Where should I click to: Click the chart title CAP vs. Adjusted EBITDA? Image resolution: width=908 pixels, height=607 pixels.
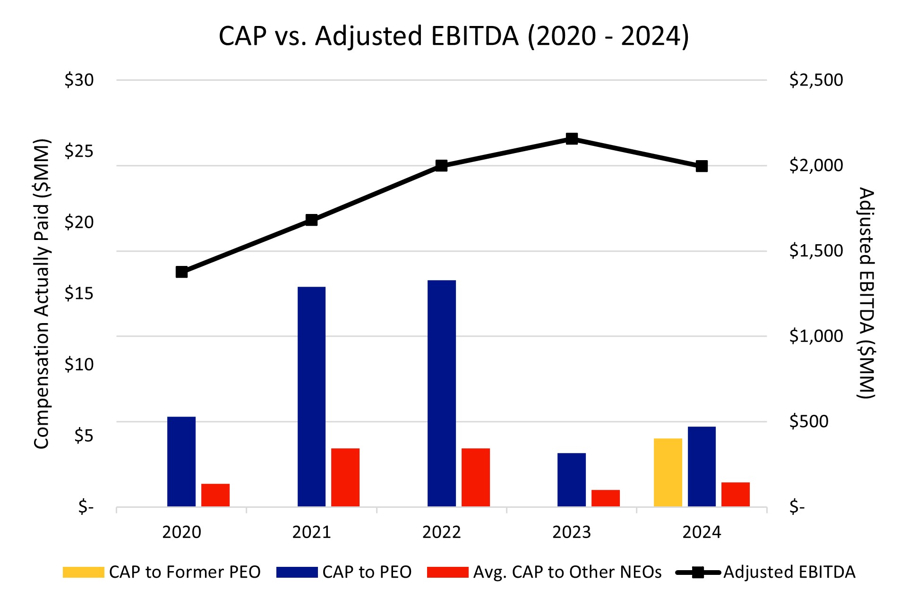[x=454, y=36]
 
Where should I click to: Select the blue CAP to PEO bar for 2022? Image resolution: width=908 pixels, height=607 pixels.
[x=442, y=393]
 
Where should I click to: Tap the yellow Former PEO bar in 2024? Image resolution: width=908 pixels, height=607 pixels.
[x=668, y=472]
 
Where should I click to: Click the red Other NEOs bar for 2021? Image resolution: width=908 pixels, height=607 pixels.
[x=345, y=477]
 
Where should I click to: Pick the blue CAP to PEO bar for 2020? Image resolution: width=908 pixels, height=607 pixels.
[x=181, y=462]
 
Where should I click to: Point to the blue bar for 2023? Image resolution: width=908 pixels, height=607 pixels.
[x=572, y=479]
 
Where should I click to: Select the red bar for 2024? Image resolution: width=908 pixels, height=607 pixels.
[x=736, y=494]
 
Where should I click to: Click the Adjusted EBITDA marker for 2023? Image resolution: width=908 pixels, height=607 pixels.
[x=572, y=138]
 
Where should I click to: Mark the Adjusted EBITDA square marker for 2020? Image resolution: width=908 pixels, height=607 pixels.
[x=181, y=272]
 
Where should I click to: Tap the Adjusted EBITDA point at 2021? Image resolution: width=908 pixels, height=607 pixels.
[x=311, y=220]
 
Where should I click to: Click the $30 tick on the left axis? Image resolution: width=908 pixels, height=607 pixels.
[x=79, y=80]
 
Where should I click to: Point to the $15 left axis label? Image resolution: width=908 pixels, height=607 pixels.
[x=79, y=294]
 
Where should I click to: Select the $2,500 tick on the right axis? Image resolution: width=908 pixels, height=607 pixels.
[x=816, y=80]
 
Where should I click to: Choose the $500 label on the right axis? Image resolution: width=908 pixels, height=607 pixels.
[x=809, y=421]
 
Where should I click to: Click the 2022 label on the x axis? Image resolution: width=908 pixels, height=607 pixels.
[x=441, y=532]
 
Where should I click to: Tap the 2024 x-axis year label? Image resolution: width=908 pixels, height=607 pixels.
[x=702, y=532]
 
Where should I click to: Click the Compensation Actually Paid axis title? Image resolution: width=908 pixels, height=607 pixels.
[x=42, y=294]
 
